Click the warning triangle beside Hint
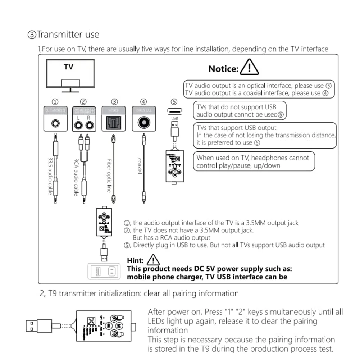[x=153, y=260]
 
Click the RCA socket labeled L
[x=78, y=125]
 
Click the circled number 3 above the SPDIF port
[x=114, y=101]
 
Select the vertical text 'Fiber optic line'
[x=109, y=176]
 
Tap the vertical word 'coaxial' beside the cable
[x=139, y=166]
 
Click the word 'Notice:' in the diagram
[x=223, y=69]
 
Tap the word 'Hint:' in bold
[x=136, y=260]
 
